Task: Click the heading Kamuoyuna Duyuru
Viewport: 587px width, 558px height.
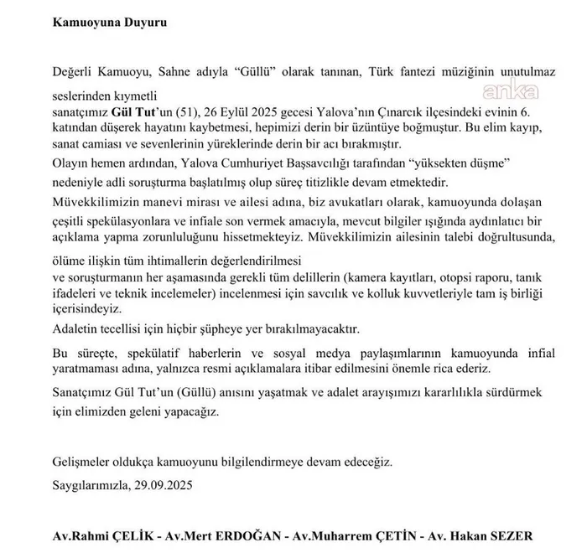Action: pos(99,23)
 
